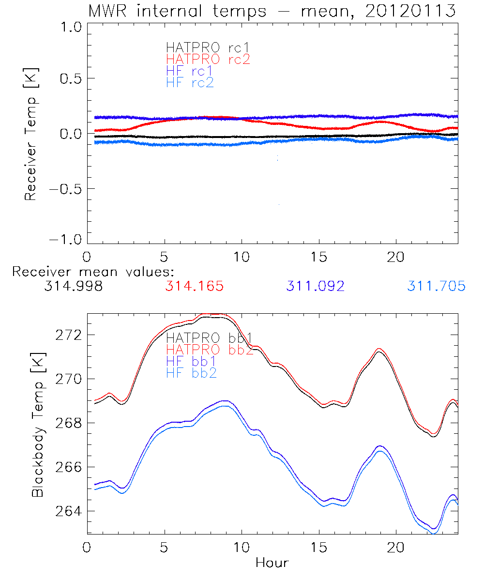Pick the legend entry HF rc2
click(190, 83)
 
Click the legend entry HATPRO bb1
click(209, 338)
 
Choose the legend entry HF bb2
click(192, 373)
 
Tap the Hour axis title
click(272, 563)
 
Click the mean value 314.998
click(73, 287)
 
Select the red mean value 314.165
click(195, 287)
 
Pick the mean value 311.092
click(316, 287)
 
